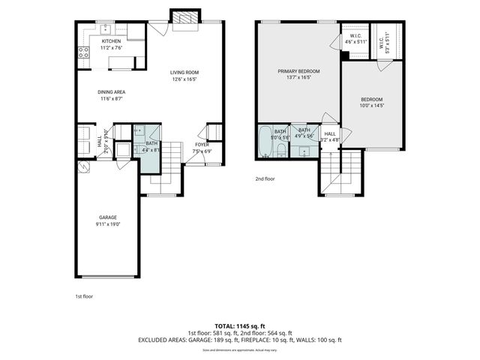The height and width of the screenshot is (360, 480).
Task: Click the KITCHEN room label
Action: click(111, 41)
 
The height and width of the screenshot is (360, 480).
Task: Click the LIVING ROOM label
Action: click(184, 72)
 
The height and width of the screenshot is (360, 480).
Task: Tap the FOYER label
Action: click(202, 145)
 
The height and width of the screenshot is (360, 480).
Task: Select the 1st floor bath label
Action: click(151, 143)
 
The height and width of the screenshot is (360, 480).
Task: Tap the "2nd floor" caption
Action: click(265, 179)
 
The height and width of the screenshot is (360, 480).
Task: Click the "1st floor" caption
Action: click(84, 295)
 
